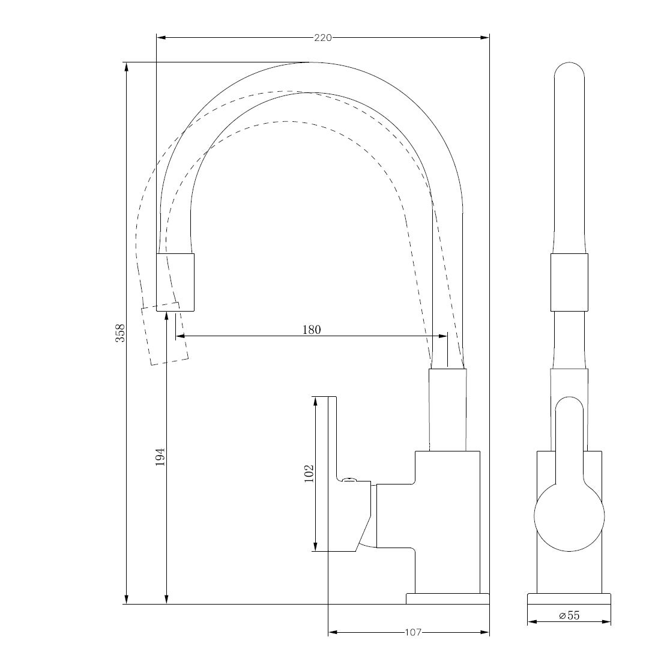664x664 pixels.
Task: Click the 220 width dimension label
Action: (x=322, y=38)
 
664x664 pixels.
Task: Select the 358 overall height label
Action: (x=121, y=333)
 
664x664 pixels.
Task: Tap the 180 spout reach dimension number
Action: (x=311, y=330)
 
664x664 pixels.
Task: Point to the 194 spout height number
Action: (x=160, y=457)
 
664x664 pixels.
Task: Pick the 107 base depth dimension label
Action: (x=413, y=633)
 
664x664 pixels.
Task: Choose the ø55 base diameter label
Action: (x=569, y=615)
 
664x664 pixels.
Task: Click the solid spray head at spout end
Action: (x=175, y=282)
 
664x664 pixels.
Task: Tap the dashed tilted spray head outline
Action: (x=164, y=333)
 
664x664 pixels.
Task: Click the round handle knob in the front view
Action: (x=569, y=516)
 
